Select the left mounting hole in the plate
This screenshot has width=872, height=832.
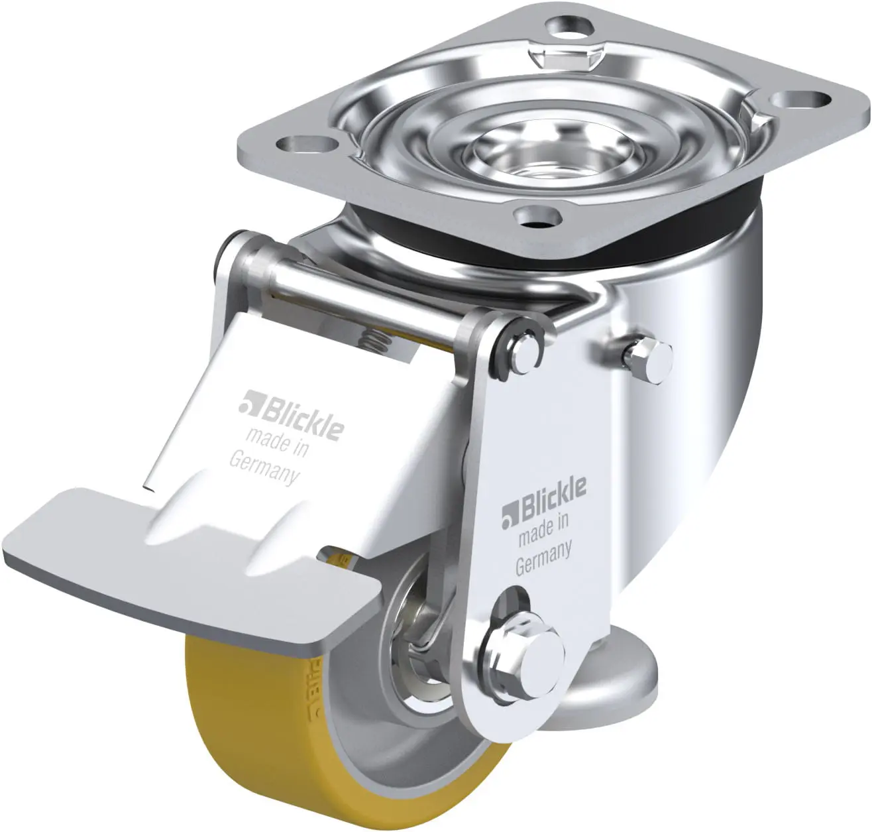[x=306, y=143]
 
